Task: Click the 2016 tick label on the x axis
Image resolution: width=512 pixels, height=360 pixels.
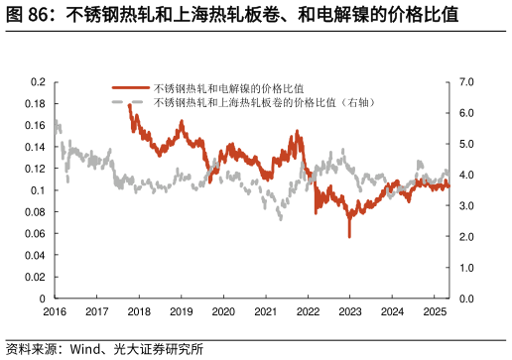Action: tap(55, 311)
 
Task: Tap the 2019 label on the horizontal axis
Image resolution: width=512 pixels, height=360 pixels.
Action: tap(181, 311)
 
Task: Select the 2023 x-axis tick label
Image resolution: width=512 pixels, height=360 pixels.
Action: tap(349, 311)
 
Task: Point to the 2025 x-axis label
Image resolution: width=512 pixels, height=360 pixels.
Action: tap(433, 311)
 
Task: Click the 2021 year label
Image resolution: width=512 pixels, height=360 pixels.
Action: tap(265, 311)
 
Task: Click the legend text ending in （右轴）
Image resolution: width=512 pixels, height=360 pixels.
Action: tap(262, 101)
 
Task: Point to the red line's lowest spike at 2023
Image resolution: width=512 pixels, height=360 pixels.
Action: tap(349, 236)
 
